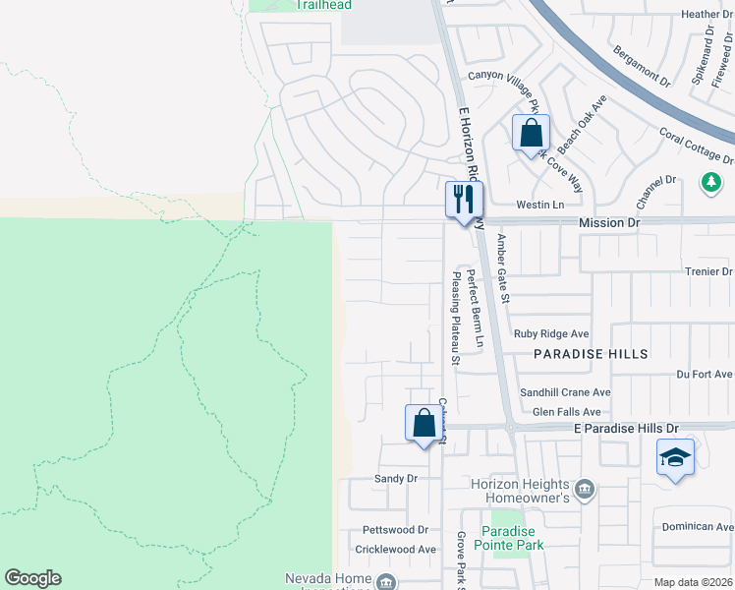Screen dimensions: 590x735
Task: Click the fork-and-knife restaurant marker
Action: click(460, 200)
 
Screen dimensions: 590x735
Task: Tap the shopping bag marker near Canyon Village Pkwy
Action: click(531, 133)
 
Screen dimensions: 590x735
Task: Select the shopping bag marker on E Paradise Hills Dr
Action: click(424, 424)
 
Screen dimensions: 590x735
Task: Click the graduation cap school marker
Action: click(675, 457)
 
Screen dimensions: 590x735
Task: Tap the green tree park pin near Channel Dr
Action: click(710, 182)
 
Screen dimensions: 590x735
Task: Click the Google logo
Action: click(32, 578)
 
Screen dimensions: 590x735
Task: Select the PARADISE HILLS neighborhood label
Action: click(591, 353)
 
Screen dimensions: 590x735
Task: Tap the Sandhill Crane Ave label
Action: click(565, 392)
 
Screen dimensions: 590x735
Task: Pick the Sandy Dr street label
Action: click(396, 479)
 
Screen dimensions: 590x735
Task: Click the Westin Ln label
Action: click(539, 205)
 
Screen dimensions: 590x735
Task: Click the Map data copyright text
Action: click(694, 582)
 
